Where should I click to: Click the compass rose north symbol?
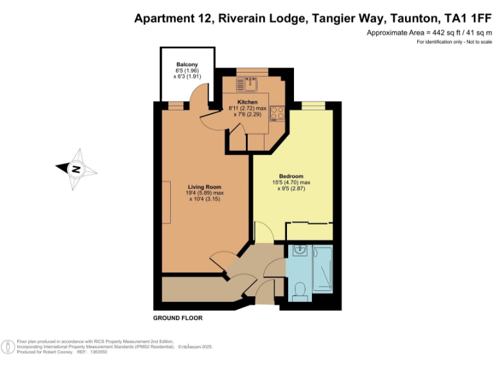[x=76, y=170]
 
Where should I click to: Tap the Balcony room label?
[x=187, y=64]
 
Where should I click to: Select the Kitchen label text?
[x=247, y=102]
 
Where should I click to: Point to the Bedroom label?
[x=291, y=176]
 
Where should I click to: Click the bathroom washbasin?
[x=298, y=251]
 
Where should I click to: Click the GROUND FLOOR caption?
[x=177, y=318]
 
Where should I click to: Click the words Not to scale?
[x=476, y=42]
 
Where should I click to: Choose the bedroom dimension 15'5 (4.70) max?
[x=291, y=182]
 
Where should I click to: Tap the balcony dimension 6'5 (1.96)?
[x=187, y=70]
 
